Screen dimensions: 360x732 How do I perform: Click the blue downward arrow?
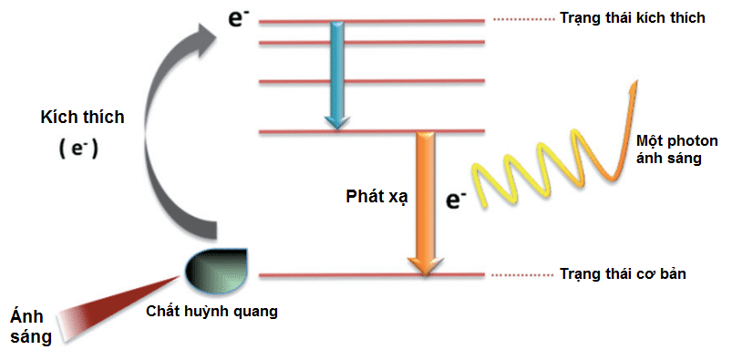click(x=336, y=73)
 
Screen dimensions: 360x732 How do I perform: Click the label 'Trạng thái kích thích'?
click(x=632, y=18)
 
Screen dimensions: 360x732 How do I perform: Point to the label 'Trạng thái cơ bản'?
click(x=620, y=273)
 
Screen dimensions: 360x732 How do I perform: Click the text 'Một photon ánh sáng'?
click(x=677, y=149)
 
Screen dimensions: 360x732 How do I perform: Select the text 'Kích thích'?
click(x=82, y=118)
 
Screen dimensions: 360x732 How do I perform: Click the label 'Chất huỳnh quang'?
click(x=211, y=312)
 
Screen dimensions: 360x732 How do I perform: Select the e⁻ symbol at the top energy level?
click(x=239, y=19)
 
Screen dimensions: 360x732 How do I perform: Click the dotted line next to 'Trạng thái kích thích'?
click(x=520, y=19)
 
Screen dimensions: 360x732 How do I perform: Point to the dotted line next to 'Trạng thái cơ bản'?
click(x=520, y=274)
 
